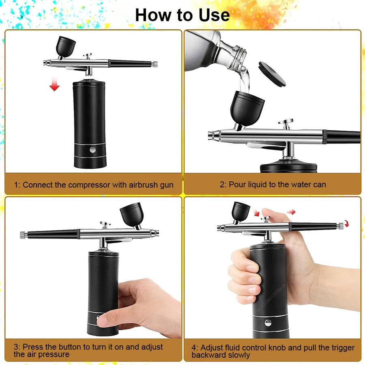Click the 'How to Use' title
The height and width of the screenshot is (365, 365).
click(x=182, y=15)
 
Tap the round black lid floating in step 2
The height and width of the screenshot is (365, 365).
click(x=272, y=73)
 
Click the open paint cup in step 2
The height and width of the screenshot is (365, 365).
click(x=247, y=107)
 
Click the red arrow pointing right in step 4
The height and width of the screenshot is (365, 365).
click(x=290, y=212)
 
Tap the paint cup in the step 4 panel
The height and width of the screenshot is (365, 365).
click(x=240, y=211)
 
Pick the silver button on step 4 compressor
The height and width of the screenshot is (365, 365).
click(x=268, y=323)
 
